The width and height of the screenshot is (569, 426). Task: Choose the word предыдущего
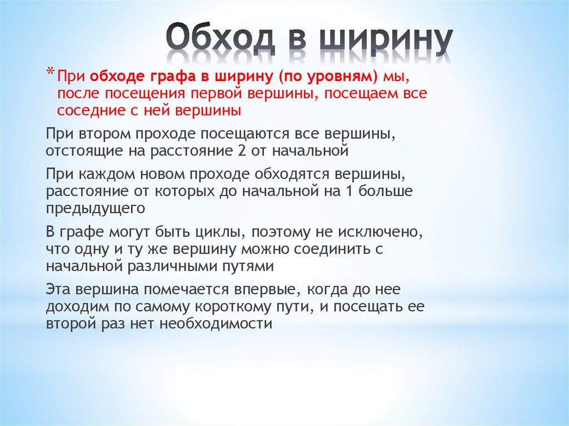click(x=96, y=209)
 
